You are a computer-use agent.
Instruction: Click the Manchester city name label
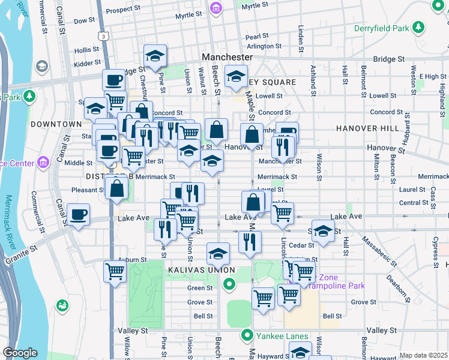coord(227,57)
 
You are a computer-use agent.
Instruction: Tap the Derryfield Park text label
coord(390,28)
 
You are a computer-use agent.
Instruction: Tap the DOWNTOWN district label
coord(56,124)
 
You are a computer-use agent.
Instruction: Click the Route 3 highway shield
coord(105,37)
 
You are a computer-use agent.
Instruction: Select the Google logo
coord(20,353)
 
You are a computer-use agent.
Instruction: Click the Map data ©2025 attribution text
coord(423,355)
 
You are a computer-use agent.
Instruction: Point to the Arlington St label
coord(264,46)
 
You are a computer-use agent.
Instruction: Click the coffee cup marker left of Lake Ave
coord(78,215)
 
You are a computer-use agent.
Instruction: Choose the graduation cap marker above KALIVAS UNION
coord(218,253)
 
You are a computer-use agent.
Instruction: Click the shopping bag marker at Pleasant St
coord(116,188)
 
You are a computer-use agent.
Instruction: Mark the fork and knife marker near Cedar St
coord(250,241)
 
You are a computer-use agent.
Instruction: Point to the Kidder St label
coord(87,63)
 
